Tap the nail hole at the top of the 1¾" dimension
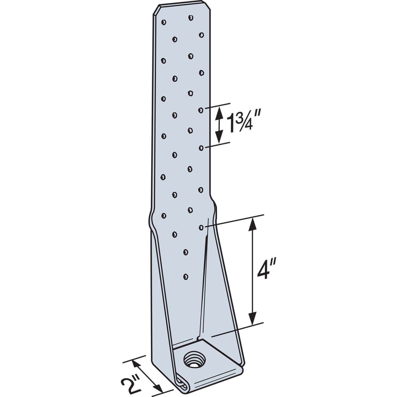coord(201,110)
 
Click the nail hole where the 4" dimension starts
coord(201,227)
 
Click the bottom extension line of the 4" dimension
coord(238,330)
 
